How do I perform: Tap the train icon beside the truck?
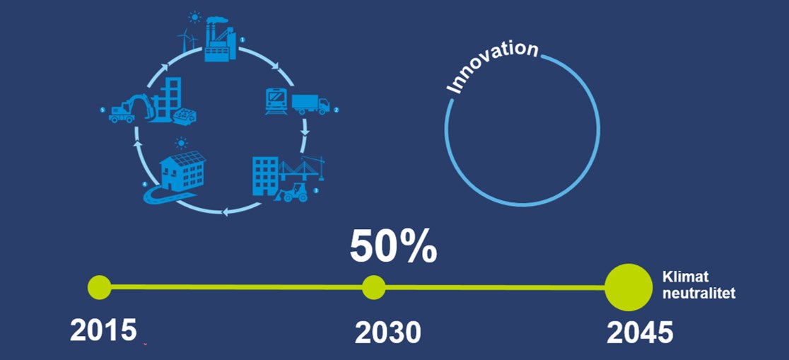point(276,101)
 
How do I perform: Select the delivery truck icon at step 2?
point(310,104)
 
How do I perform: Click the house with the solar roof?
point(182,171)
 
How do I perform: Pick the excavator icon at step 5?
point(131,108)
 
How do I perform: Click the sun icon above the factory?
point(194,18)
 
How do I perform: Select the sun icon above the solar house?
point(181,144)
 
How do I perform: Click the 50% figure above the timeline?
point(393,246)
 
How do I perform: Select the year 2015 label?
point(103,330)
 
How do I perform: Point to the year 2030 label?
point(387,332)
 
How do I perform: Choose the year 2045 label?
point(640,332)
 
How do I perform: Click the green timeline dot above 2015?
point(100,287)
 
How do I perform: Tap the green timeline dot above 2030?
point(374,287)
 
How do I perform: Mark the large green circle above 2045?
point(629,287)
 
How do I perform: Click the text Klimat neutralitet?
point(699,285)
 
